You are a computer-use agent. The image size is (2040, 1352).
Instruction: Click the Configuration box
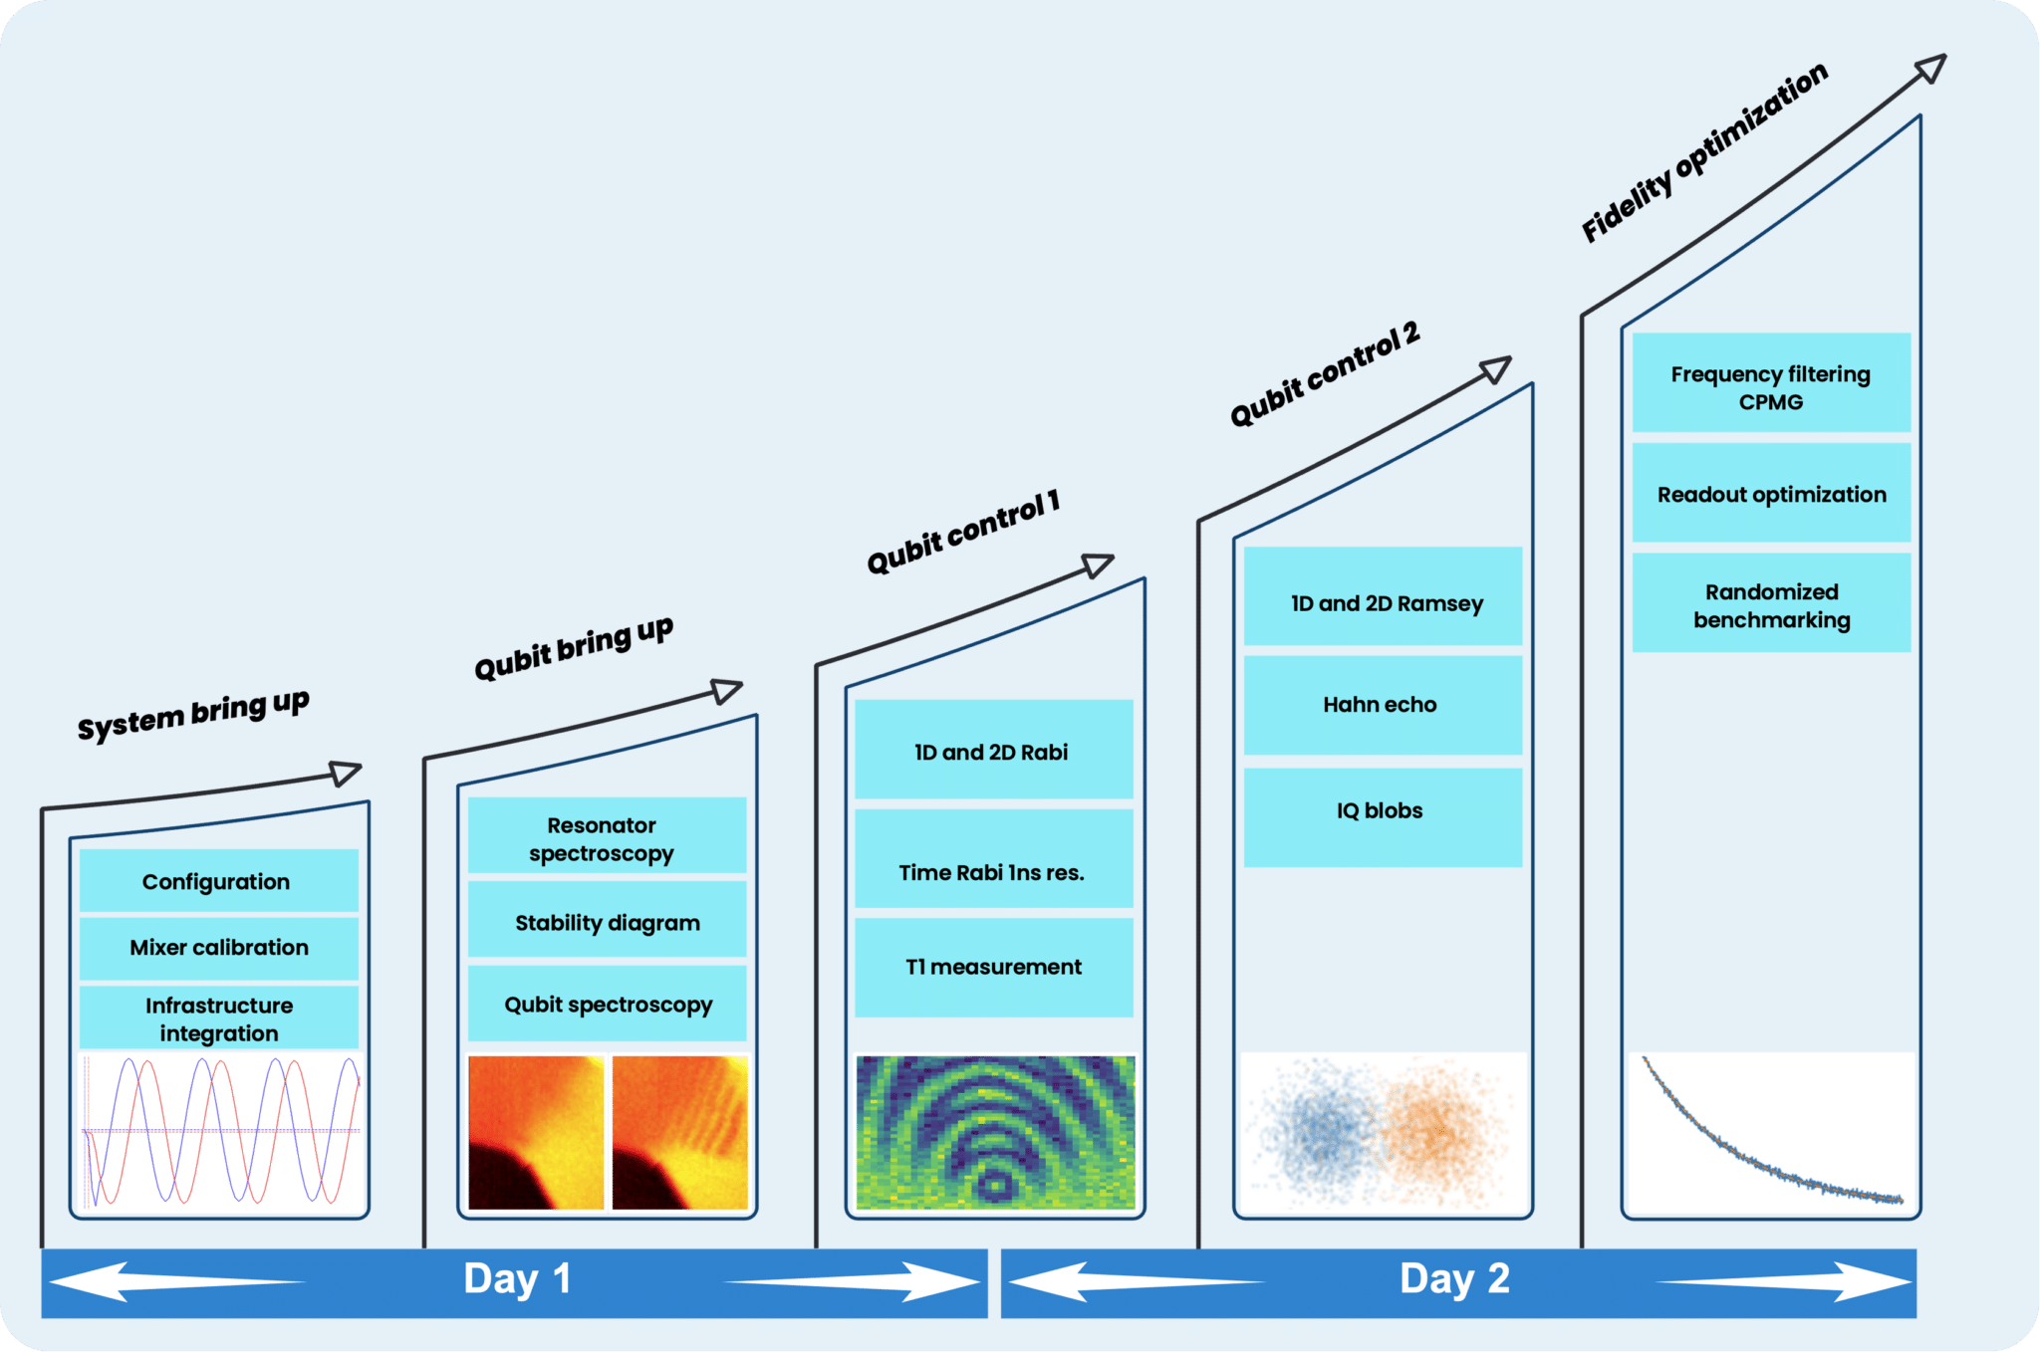[218, 880]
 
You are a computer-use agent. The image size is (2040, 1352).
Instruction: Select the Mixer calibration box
[218, 948]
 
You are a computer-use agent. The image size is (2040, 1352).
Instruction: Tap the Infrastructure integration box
[218, 1017]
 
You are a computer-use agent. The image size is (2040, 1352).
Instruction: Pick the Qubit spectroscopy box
[607, 1004]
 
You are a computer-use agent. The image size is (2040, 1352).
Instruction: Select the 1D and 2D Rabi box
[993, 750]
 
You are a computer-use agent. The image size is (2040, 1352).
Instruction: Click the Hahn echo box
[1383, 705]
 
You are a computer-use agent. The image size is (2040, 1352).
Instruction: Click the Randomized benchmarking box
[1771, 603]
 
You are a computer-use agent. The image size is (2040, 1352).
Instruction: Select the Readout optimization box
[1771, 493]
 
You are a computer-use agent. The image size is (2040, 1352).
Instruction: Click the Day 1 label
[517, 1279]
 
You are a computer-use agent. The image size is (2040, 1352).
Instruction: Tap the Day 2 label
[1454, 1279]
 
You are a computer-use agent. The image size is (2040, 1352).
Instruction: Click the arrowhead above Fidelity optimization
[1931, 68]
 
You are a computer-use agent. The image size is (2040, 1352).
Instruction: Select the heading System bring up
[194, 715]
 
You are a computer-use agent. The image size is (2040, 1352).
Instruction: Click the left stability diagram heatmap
[536, 1133]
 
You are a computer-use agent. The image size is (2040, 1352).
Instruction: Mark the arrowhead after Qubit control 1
[1098, 565]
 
